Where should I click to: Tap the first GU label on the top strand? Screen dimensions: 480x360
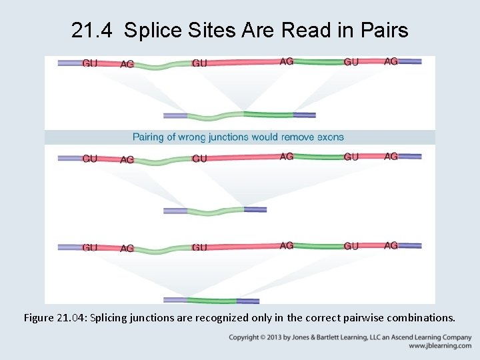point(90,63)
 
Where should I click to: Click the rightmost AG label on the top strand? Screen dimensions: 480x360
point(391,61)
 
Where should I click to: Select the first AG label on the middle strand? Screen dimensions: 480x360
point(127,159)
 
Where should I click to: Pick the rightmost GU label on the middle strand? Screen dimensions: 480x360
point(351,157)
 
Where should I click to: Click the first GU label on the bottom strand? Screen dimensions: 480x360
point(90,247)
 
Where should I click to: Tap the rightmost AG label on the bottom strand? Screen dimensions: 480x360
point(391,245)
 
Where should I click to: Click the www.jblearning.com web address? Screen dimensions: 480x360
point(440,346)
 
